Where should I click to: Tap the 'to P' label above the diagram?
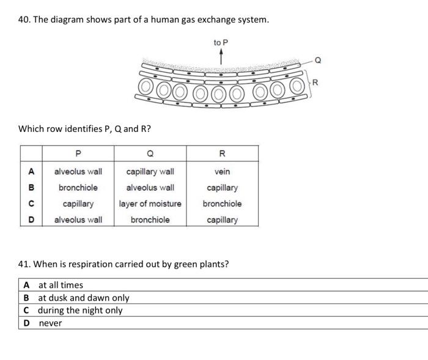[x=221, y=42]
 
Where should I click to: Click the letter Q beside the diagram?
[x=317, y=59]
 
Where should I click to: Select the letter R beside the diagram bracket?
[x=317, y=81]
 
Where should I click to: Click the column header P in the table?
[x=78, y=153]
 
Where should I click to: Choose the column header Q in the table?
[x=150, y=153]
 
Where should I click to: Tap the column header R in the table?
[x=222, y=153]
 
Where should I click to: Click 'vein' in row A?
[x=222, y=172]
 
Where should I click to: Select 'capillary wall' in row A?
[x=150, y=172]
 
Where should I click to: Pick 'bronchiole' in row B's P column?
[x=78, y=188]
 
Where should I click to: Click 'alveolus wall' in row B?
[x=150, y=188]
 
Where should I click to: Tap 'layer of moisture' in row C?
[x=150, y=204]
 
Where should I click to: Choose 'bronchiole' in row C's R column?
[x=222, y=204]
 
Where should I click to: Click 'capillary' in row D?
[x=222, y=219]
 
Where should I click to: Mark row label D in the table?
[x=31, y=219]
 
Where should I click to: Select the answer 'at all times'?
[x=61, y=285]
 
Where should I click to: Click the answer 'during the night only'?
[x=80, y=310]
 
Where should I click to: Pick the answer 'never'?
[x=50, y=323]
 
